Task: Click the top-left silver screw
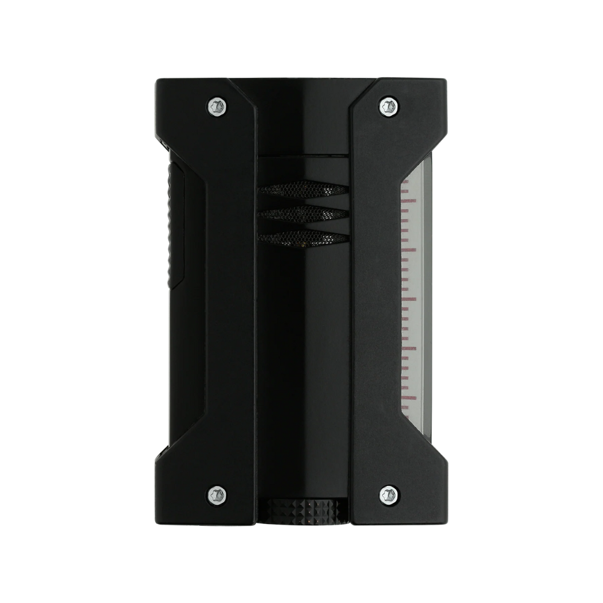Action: (217, 107)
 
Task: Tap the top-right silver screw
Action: (389, 107)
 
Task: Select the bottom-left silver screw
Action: (217, 496)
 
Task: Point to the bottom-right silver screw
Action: (389, 496)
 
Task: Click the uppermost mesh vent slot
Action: (303, 189)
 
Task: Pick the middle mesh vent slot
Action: (303, 213)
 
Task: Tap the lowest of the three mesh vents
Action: (303, 237)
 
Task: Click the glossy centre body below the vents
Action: (303, 362)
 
